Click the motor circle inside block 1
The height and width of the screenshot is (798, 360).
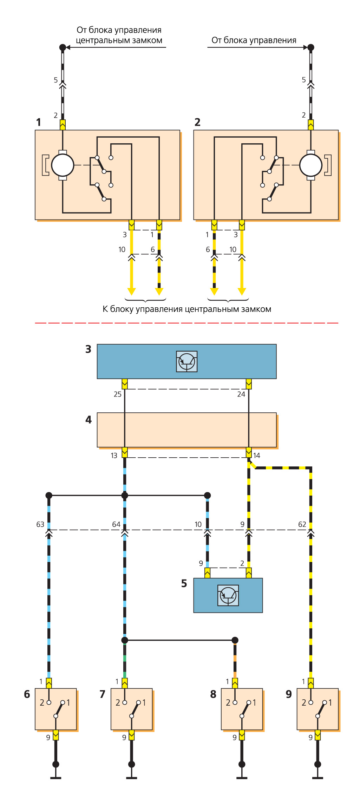click(63, 165)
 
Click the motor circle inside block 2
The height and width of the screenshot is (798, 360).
click(310, 165)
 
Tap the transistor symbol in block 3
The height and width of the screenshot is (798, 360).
click(186, 361)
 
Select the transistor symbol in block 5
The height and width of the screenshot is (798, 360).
click(228, 595)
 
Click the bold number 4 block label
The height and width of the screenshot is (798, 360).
click(89, 420)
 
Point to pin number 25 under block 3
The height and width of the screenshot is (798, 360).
click(117, 394)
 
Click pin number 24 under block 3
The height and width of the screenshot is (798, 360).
click(241, 394)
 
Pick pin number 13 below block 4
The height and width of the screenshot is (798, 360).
click(114, 456)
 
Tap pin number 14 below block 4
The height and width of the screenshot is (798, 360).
click(257, 456)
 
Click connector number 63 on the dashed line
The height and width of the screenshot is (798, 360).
click(40, 524)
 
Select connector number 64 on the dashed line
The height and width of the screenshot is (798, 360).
click(116, 524)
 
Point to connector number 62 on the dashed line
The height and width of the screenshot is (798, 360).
click(302, 524)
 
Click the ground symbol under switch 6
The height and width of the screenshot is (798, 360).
click(55, 777)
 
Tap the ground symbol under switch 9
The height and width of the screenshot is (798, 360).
click(318, 777)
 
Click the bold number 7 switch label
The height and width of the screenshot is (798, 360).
click(103, 694)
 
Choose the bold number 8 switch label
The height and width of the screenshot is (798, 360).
click(213, 694)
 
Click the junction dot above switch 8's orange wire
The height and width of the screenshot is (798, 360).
click(235, 640)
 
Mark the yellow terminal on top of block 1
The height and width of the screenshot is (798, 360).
click(63, 125)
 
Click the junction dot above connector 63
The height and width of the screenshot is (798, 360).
click(49, 495)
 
